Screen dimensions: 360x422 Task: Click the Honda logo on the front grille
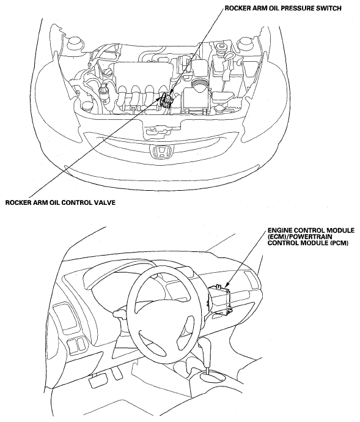(161, 152)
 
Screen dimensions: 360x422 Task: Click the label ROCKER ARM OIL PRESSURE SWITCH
(283, 9)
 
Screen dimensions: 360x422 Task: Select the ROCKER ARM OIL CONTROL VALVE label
(61, 202)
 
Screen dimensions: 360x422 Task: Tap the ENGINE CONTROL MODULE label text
(310, 231)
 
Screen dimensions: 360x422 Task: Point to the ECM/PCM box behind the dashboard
(220, 299)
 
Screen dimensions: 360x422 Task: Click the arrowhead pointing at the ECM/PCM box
(226, 284)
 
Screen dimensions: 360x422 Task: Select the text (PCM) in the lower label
(340, 243)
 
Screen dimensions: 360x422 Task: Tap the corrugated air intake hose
(199, 86)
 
